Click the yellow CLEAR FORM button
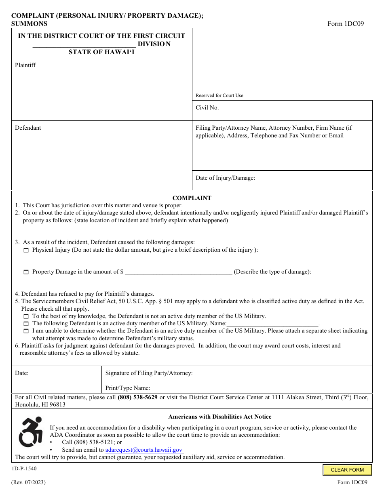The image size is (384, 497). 347,470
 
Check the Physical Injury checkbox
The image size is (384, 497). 26,251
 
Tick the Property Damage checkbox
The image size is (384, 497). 26,272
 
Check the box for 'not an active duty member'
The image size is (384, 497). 26,317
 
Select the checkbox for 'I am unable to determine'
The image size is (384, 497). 26,331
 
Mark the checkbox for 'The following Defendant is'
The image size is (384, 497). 26,324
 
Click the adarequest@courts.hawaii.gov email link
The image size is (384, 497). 144,450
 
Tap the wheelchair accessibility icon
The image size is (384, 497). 31,432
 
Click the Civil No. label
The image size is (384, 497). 207,107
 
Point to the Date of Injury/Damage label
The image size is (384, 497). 225,178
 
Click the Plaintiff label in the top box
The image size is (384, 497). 25,65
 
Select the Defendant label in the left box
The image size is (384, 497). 28,128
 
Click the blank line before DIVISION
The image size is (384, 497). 84,44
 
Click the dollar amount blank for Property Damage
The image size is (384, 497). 178,272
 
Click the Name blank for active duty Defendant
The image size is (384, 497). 272,324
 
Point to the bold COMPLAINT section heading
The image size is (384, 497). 192,198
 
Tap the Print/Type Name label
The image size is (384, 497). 128,388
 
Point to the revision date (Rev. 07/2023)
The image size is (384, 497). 28,482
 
